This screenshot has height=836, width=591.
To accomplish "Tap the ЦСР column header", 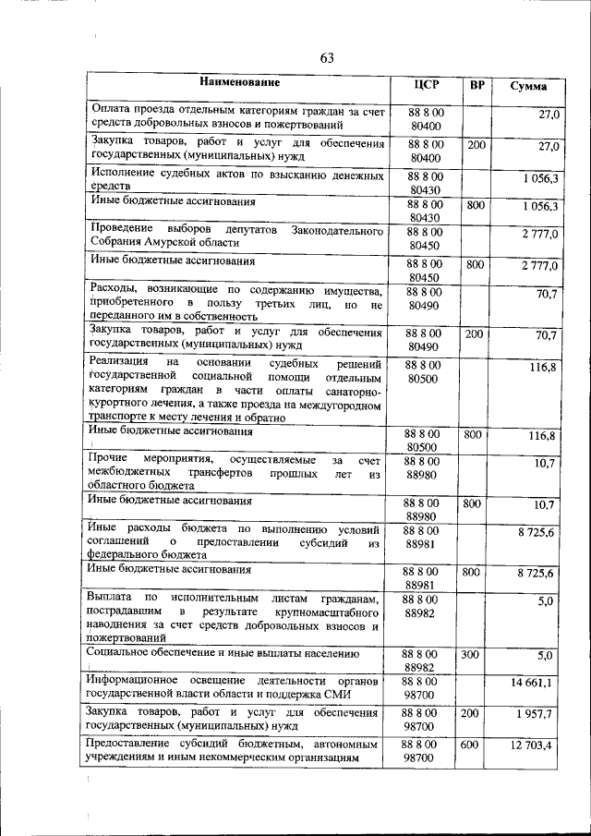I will coord(426,85).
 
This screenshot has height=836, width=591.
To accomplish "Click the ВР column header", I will coord(476,85).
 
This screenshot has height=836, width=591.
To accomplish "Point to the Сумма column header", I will coord(528,86).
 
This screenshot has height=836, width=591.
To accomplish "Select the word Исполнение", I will coord(127,173).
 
